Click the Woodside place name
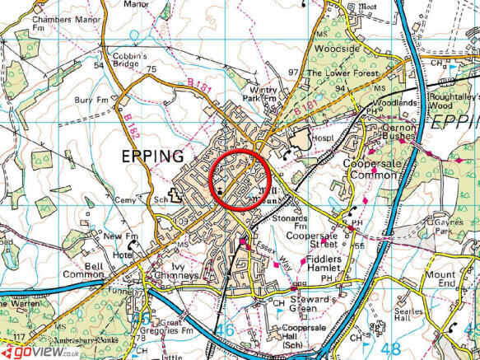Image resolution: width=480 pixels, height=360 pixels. (338, 49)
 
